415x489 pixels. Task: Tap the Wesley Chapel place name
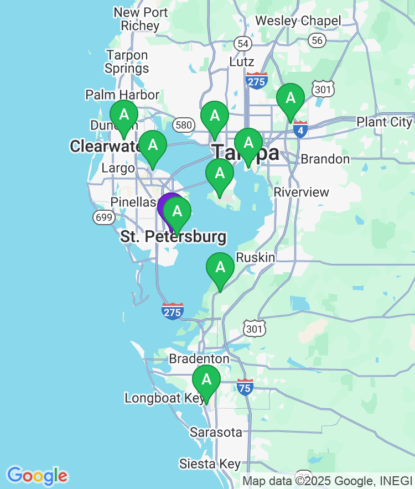[298, 21]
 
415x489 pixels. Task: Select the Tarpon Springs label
[127, 62]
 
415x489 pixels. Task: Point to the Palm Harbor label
[122, 95]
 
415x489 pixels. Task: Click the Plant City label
[384, 122]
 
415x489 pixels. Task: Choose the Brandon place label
[325, 159]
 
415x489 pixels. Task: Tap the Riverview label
[302, 193]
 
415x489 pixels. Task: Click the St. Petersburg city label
[173, 237]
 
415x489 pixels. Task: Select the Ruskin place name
[255, 257]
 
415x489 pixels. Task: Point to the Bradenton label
[199, 358]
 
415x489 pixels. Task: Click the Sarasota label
[216, 432]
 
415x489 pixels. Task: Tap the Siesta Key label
[210, 464]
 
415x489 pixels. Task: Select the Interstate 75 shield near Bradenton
[245, 387]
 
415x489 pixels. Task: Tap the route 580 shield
[183, 124]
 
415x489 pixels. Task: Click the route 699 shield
[105, 217]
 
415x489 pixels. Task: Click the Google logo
[37, 475]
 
